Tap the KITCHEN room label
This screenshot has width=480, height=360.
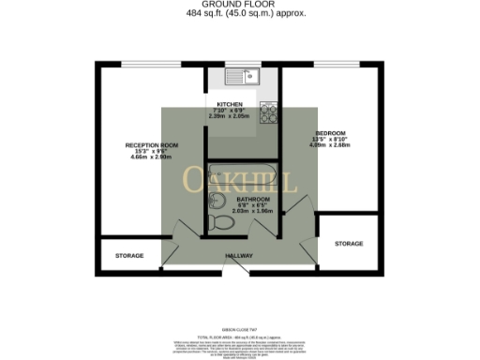point(231,104)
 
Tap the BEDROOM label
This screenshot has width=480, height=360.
point(332,133)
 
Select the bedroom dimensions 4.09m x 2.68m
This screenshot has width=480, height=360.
point(332,145)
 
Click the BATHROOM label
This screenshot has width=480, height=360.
point(253,199)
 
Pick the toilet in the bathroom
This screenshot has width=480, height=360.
point(220,222)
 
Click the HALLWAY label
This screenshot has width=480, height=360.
point(241,255)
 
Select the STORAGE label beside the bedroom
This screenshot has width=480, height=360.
point(349,244)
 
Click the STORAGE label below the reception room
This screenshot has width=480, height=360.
point(129,255)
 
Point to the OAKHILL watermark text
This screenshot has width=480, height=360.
point(240,179)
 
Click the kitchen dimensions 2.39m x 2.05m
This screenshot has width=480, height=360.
point(231,116)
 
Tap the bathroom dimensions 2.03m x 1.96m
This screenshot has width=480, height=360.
point(253,211)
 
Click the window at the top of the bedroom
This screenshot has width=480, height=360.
point(333,64)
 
